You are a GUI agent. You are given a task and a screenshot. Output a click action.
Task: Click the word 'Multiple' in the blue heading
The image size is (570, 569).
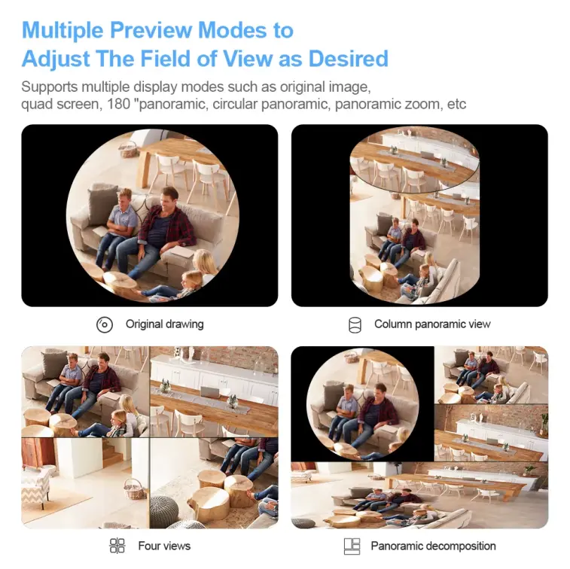(x=62, y=30)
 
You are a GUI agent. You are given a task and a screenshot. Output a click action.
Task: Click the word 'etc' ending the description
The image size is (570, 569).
(x=456, y=104)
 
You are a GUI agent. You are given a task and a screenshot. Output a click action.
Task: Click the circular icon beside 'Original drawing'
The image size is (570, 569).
(x=105, y=324)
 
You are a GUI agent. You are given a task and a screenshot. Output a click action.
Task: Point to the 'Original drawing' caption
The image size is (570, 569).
(x=164, y=324)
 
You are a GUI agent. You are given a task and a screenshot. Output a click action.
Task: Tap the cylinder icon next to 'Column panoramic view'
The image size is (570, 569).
(x=355, y=324)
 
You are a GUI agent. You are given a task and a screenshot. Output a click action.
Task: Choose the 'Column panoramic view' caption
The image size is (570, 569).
(x=432, y=324)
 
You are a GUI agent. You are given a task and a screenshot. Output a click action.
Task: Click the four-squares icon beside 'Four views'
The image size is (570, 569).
(x=117, y=546)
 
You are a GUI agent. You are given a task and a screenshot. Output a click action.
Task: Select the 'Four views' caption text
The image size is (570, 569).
(x=164, y=546)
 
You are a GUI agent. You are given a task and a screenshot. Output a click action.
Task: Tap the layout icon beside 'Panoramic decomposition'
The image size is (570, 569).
(x=352, y=546)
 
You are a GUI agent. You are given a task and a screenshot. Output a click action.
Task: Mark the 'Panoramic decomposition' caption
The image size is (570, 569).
(x=433, y=546)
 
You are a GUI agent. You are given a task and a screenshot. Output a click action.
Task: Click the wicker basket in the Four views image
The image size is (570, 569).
(x=133, y=489)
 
